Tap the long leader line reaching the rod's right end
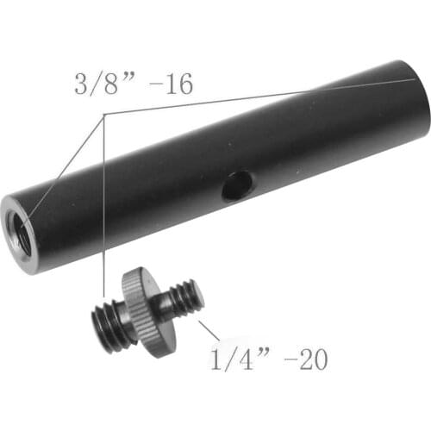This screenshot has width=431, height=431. (x=259, y=96)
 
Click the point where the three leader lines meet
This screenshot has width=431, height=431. (x=103, y=113)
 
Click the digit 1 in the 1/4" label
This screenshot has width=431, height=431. (x=215, y=358)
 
